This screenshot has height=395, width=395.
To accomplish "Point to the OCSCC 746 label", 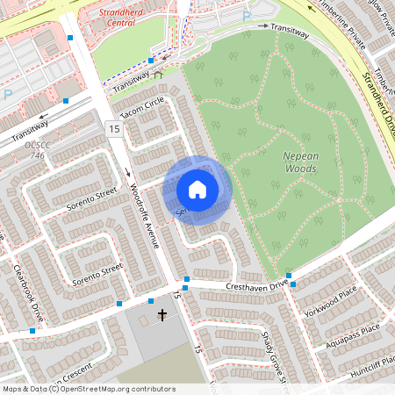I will (36, 150).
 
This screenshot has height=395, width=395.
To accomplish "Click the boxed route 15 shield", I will (114, 129).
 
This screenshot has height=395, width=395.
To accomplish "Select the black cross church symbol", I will (162, 313).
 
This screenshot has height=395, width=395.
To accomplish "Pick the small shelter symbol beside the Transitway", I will (158, 75).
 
